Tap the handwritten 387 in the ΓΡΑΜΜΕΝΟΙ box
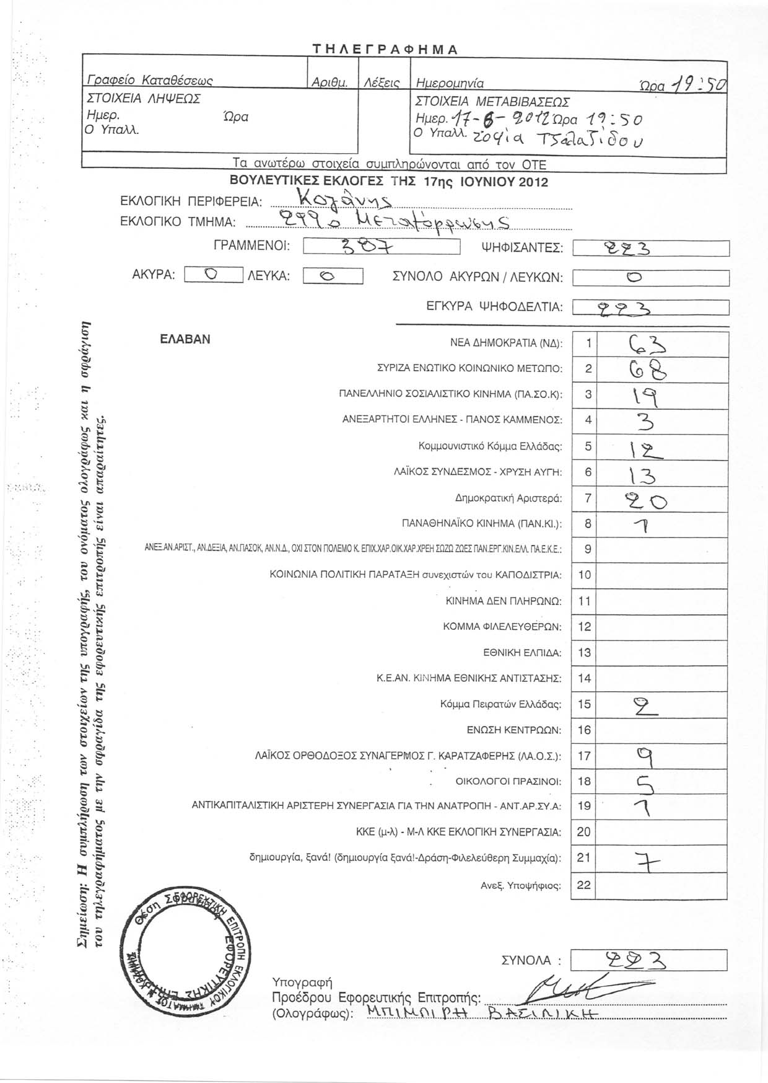coord(368,247)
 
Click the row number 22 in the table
coord(584,885)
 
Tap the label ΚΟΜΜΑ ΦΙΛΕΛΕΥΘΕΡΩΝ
coord(502,627)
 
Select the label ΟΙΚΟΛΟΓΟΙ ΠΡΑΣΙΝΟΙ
coord(508,782)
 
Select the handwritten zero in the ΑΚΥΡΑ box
coord(212,275)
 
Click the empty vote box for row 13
coord(661,653)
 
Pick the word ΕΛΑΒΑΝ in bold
coord(185,340)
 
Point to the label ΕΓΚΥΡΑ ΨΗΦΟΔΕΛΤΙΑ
coord(494,306)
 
